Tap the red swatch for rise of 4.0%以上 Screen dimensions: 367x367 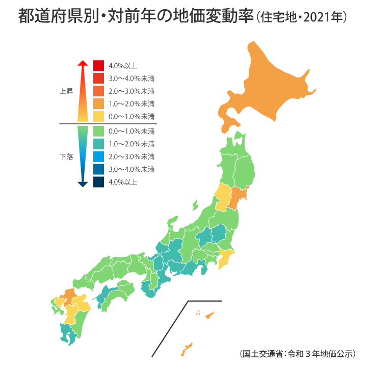pyautogui.click(x=99, y=66)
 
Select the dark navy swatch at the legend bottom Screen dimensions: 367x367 pyautogui.click(x=99, y=181)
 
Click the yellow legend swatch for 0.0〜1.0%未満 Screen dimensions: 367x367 pyautogui.click(x=99, y=117)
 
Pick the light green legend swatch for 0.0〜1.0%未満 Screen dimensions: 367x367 pyautogui.click(x=99, y=132)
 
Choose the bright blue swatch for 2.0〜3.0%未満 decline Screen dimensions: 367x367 pyautogui.click(x=99, y=156)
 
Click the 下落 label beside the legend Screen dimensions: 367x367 pyautogui.click(x=66, y=157)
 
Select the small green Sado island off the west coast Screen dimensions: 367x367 pyautogui.click(x=195, y=205)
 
